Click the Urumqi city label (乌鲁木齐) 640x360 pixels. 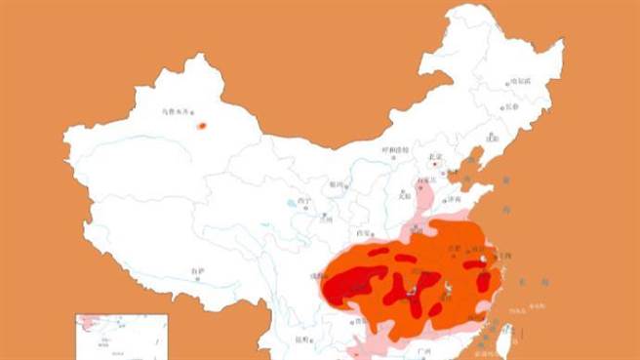[x=179, y=112]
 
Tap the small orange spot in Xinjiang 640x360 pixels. [x=202, y=125]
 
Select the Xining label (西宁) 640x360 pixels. [x=305, y=202]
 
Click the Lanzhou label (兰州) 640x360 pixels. [x=326, y=219]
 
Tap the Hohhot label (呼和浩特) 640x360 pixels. [x=395, y=149]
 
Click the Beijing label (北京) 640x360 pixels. [x=435, y=156]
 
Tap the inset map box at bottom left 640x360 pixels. [x=122, y=337]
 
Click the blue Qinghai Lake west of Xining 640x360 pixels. [x=291, y=204]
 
